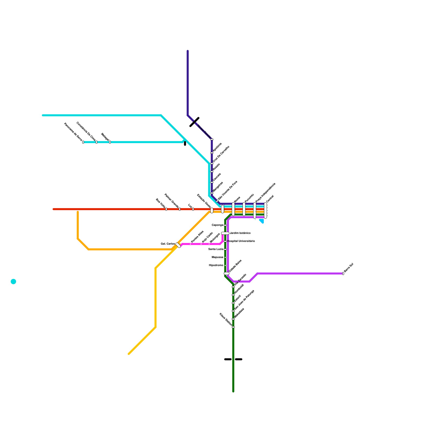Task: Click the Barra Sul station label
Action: click(x=349, y=268)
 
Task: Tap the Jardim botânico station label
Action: click(x=240, y=233)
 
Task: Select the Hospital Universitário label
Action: click(x=241, y=241)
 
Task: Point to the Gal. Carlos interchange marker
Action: click(x=178, y=245)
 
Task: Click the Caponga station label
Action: click(x=217, y=225)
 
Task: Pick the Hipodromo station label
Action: click(x=216, y=265)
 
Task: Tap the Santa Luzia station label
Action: click(x=216, y=249)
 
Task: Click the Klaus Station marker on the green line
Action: click(x=233, y=327)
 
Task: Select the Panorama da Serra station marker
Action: click(x=83, y=142)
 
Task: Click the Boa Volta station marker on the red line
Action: click(x=166, y=209)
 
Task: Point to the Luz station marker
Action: click(x=193, y=209)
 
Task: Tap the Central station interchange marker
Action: click(x=265, y=210)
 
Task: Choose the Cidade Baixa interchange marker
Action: click(x=227, y=273)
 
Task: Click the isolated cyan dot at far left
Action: click(x=13, y=282)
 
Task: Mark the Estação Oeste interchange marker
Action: click(x=212, y=210)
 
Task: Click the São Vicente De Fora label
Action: click(x=228, y=190)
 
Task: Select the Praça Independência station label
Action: click(x=265, y=193)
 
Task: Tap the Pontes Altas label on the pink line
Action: click(x=197, y=237)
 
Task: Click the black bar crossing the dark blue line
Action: click(x=194, y=122)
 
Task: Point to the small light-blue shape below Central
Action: click(x=262, y=221)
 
